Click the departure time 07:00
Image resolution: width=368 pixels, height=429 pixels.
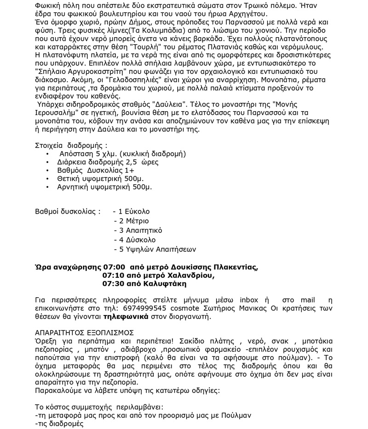click(115, 267)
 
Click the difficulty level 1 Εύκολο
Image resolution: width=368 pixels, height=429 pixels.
click(134, 212)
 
